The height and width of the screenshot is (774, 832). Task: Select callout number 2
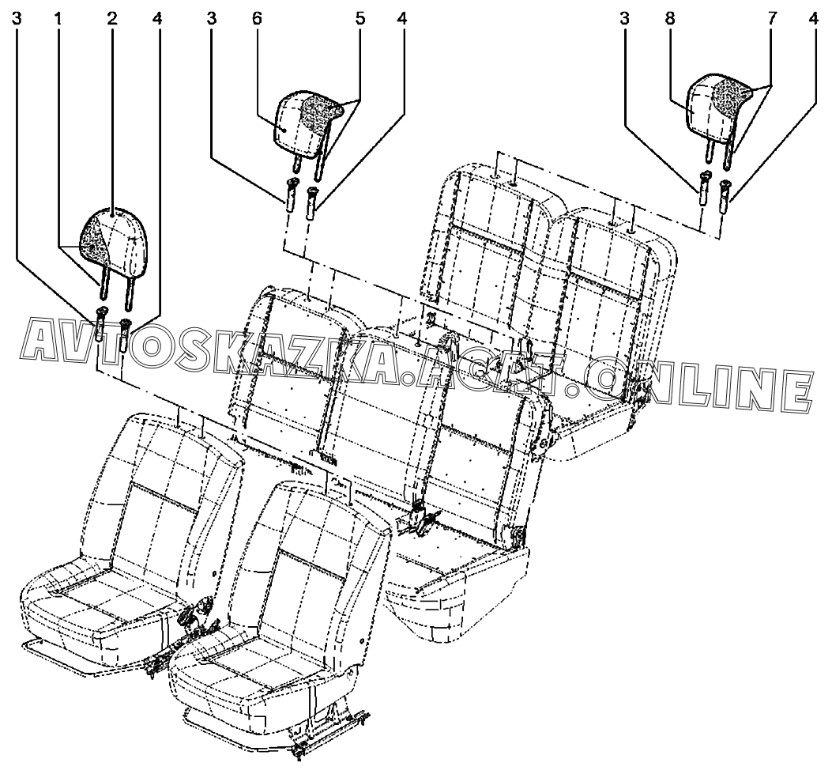click(x=112, y=18)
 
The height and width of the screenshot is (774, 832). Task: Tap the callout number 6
click(x=257, y=18)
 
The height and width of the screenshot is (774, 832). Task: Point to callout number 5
click(x=360, y=18)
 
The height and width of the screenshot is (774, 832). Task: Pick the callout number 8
click(x=670, y=18)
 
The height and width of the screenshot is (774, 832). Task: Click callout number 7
click(x=772, y=18)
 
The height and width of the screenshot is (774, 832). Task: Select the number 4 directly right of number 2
click(x=158, y=18)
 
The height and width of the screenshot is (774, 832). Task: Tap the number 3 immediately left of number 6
click(x=211, y=18)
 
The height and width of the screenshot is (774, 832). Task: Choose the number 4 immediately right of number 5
click(x=402, y=18)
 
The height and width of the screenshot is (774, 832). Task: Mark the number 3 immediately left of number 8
click(x=625, y=18)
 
